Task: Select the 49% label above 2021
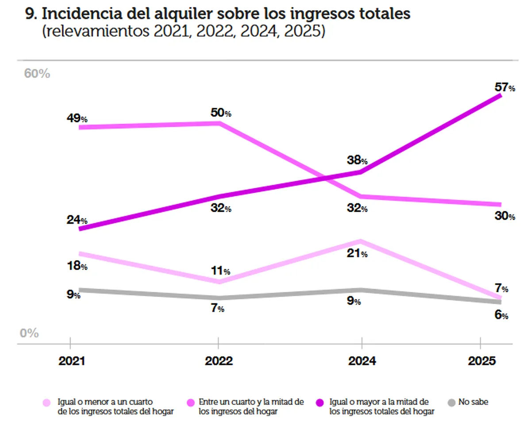77,118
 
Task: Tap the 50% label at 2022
221,113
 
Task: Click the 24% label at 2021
77,220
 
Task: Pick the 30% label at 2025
505,216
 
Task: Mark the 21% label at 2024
357,254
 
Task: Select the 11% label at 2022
220,271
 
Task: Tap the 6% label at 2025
501,315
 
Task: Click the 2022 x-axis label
219,361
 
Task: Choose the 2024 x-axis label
362,361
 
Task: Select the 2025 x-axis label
482,361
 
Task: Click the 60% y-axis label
37,74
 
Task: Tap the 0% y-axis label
29,333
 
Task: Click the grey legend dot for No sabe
451,403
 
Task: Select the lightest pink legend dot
46,403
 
